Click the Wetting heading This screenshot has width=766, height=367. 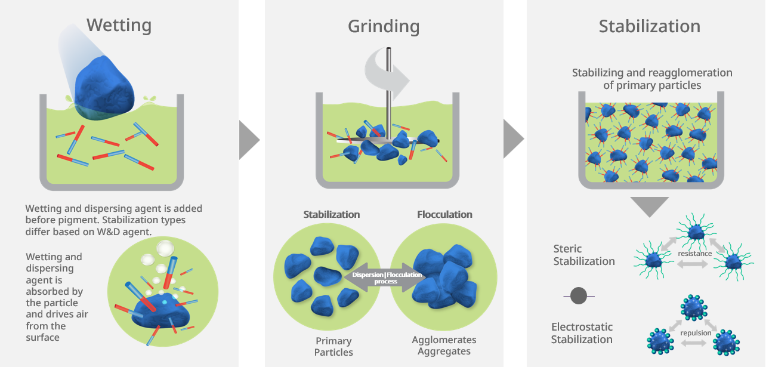(119, 26)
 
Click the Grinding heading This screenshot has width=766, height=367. (384, 27)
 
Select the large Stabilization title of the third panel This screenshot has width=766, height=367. (649, 27)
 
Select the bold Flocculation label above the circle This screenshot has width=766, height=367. (444, 214)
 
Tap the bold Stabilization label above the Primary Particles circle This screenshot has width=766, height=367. (331, 214)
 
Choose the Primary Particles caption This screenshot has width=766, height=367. (333, 346)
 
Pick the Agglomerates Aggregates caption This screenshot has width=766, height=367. (444, 346)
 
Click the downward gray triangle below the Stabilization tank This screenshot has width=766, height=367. (649, 206)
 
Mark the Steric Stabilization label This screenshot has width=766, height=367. (583, 255)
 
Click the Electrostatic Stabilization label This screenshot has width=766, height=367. (582, 333)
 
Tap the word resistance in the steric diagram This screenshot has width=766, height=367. (694, 254)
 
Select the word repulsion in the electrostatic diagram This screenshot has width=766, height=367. (696, 333)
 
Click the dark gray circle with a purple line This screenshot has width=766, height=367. (579, 295)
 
